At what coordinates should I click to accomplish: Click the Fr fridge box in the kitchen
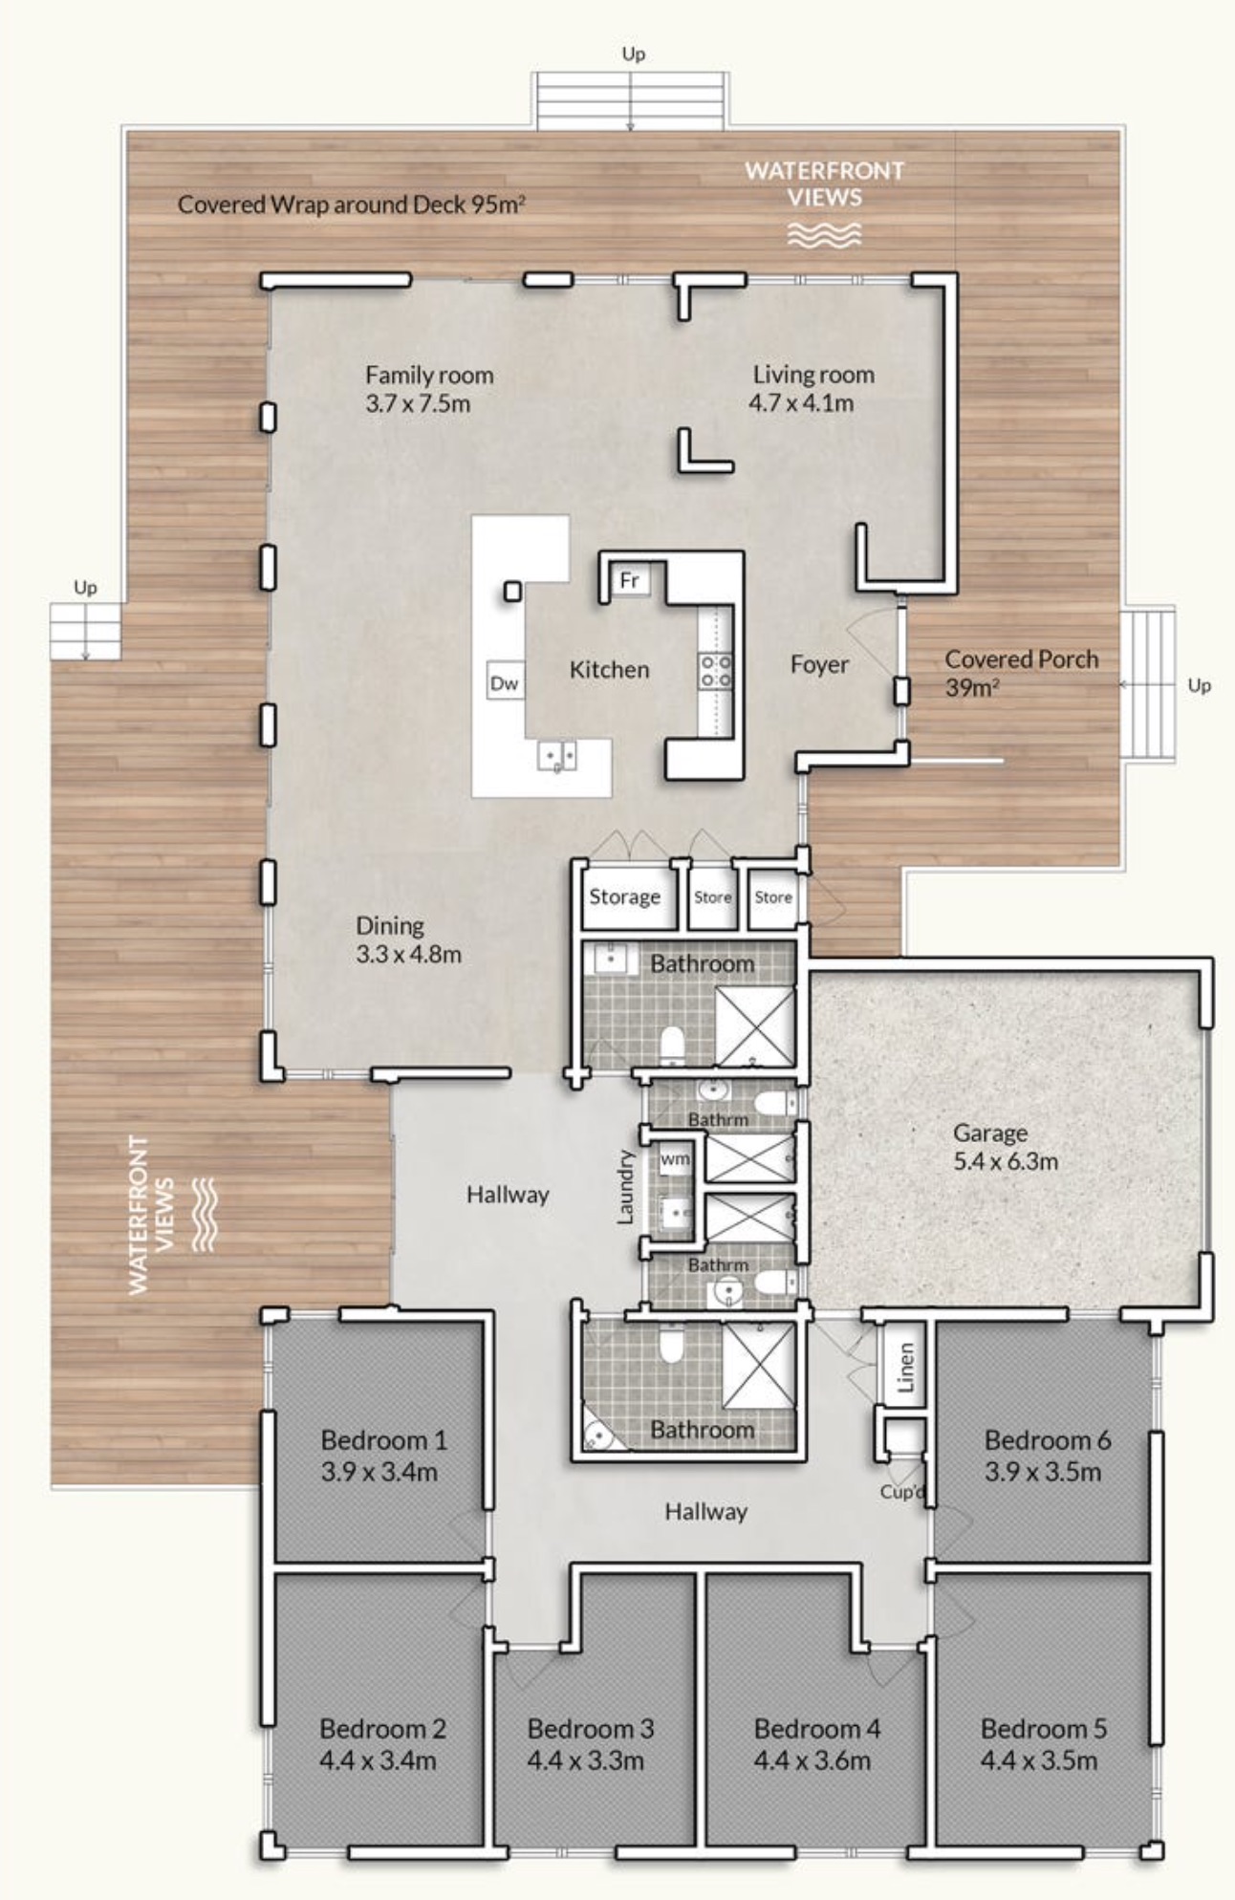pyautogui.click(x=629, y=579)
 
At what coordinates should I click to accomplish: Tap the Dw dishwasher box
pyautogui.click(x=505, y=682)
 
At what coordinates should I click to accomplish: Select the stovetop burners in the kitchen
pyautogui.click(x=716, y=670)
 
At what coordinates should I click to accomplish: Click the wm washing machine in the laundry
pyautogui.click(x=675, y=1159)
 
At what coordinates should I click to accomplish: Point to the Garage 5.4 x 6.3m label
pyautogui.click(x=1006, y=1147)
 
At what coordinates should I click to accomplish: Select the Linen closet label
pyautogui.click(x=907, y=1366)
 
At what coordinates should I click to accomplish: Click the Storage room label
pyautogui.click(x=624, y=896)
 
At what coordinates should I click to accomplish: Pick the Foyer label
pyautogui.click(x=819, y=664)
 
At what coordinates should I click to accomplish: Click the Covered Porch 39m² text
pyautogui.click(x=1021, y=673)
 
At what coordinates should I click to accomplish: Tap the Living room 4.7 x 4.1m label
pyautogui.click(x=812, y=388)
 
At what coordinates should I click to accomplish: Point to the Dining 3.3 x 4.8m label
pyautogui.click(x=409, y=939)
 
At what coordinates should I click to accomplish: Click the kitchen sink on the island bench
pyautogui.click(x=556, y=755)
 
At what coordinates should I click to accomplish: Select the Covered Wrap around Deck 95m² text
pyautogui.click(x=352, y=204)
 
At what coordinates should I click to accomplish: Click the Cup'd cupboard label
pyautogui.click(x=902, y=1492)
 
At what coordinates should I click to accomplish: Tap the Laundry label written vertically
pyautogui.click(x=626, y=1186)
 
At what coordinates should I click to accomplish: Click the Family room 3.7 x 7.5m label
pyautogui.click(x=429, y=388)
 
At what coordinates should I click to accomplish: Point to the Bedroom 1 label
pyautogui.click(x=382, y=1456)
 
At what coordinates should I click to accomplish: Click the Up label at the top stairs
pyautogui.click(x=633, y=54)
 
